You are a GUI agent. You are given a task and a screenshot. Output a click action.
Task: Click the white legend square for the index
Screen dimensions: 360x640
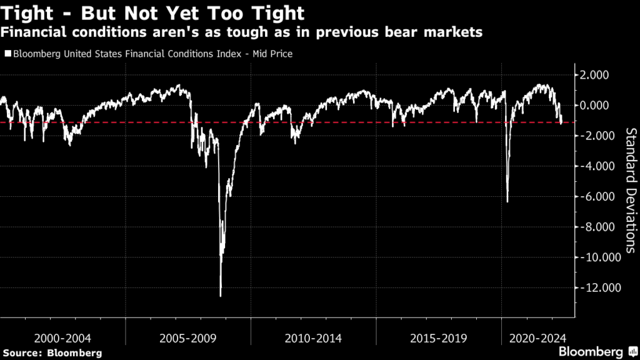coord(7,54)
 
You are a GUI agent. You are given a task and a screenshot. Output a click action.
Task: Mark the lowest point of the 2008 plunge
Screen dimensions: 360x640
coord(221,296)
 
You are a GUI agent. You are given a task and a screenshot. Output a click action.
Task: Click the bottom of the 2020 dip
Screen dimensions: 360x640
coord(507,202)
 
